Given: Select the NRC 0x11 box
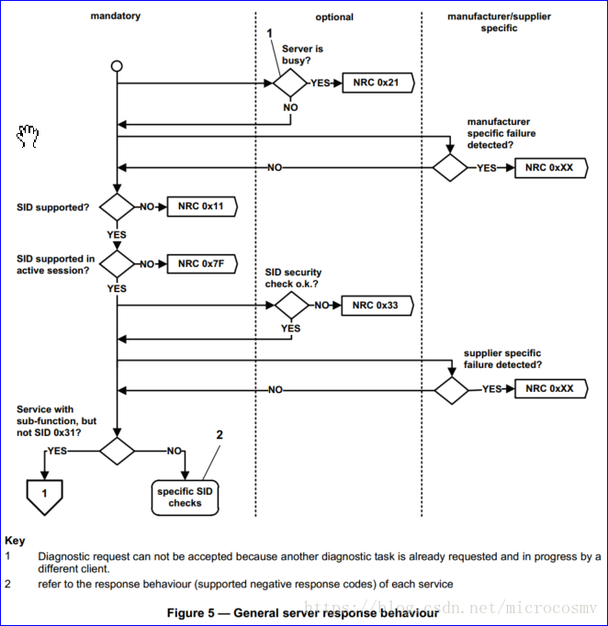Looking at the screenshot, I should (201, 207).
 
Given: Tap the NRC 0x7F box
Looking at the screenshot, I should (201, 263).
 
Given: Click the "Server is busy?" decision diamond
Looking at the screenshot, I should (290, 83).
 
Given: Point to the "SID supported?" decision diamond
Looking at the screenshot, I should (117, 207).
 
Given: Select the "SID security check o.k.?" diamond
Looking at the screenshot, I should (290, 305).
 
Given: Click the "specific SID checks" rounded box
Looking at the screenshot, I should (185, 497).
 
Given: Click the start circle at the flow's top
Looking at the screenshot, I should (117, 66).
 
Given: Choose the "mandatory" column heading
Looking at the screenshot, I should (115, 17).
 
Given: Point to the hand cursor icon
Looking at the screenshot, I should (28, 136).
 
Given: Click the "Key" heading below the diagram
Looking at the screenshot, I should (15, 541).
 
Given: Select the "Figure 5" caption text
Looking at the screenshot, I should (302, 611).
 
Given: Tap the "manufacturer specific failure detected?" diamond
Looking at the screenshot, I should (450, 168).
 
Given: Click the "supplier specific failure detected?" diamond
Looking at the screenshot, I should (452, 389).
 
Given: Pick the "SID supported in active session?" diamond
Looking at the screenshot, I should (117, 263).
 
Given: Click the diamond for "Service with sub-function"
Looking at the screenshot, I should (117, 451).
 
